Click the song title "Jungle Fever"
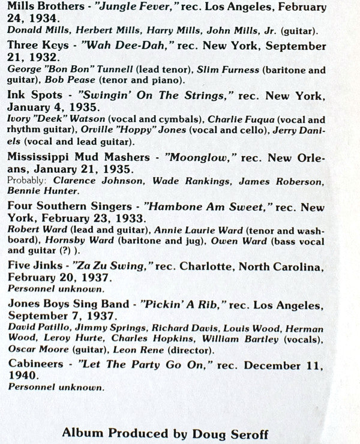pyautogui.click(x=136, y=9)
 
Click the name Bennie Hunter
pyautogui.click(x=43, y=191)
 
